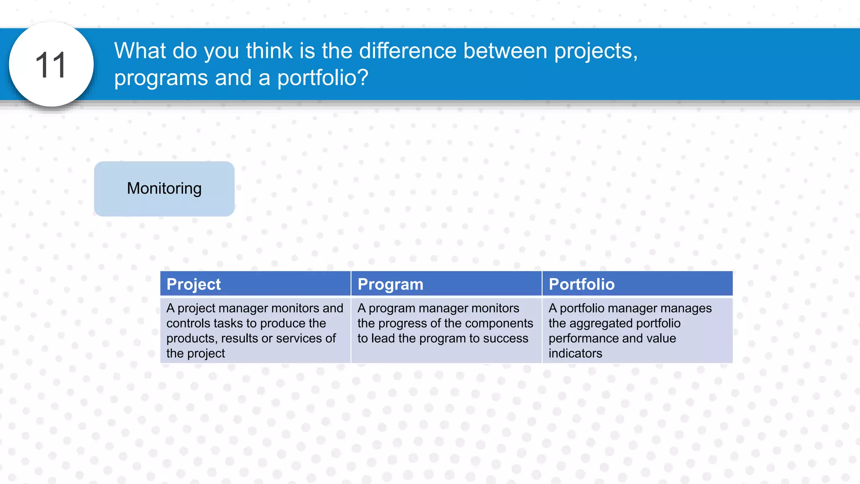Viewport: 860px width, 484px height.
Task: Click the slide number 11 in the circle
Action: [x=51, y=65]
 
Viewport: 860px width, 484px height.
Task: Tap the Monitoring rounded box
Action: [x=164, y=189]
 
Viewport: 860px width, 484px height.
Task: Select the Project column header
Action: [x=194, y=284]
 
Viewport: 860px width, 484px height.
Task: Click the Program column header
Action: [x=390, y=284]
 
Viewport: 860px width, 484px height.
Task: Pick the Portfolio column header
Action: [x=582, y=284]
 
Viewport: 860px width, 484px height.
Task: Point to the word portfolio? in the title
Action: [x=322, y=78]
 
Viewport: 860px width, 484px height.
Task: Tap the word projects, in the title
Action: [x=595, y=52]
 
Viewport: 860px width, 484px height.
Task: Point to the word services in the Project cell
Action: [x=299, y=338]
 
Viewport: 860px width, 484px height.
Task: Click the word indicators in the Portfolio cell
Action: [x=575, y=353]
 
